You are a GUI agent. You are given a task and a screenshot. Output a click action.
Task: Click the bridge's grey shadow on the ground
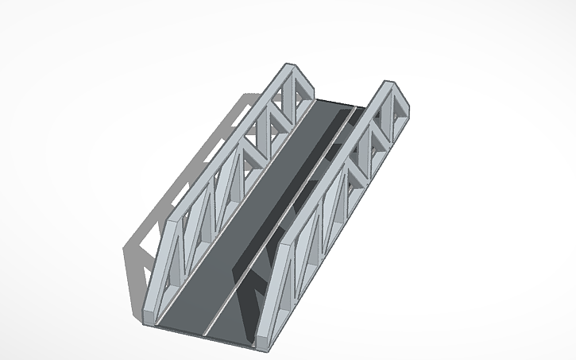(x=159, y=207)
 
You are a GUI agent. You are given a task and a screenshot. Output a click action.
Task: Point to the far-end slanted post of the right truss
(x=405, y=103)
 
